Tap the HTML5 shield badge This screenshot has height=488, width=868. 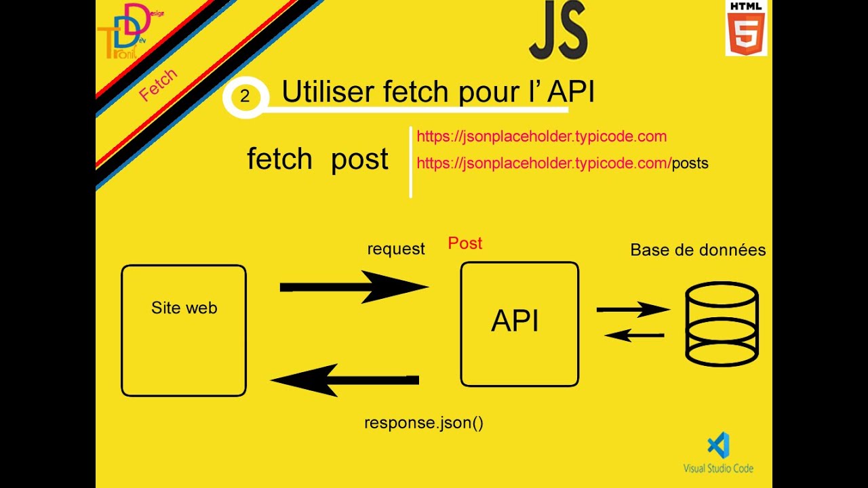click(x=746, y=28)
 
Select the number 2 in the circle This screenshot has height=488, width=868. click(x=245, y=96)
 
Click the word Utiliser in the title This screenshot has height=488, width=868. click(x=327, y=92)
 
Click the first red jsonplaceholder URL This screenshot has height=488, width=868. click(x=541, y=137)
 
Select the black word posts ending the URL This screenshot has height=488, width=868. click(x=690, y=163)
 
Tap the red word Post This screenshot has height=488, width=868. click(x=465, y=243)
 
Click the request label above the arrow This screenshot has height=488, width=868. click(x=396, y=249)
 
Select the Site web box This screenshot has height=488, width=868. click(x=184, y=330)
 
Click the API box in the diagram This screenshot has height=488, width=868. click(x=519, y=324)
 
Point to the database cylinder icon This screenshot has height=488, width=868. click(x=722, y=324)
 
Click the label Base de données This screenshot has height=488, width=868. click(x=698, y=250)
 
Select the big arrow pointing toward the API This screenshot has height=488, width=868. click(x=354, y=287)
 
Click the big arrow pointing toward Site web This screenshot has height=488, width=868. click(x=344, y=380)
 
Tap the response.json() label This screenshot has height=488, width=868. click(x=424, y=424)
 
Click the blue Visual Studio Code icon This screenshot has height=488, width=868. click(x=718, y=445)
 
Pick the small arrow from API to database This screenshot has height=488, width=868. click(x=633, y=310)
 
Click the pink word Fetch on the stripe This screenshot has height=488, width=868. click(x=158, y=85)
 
